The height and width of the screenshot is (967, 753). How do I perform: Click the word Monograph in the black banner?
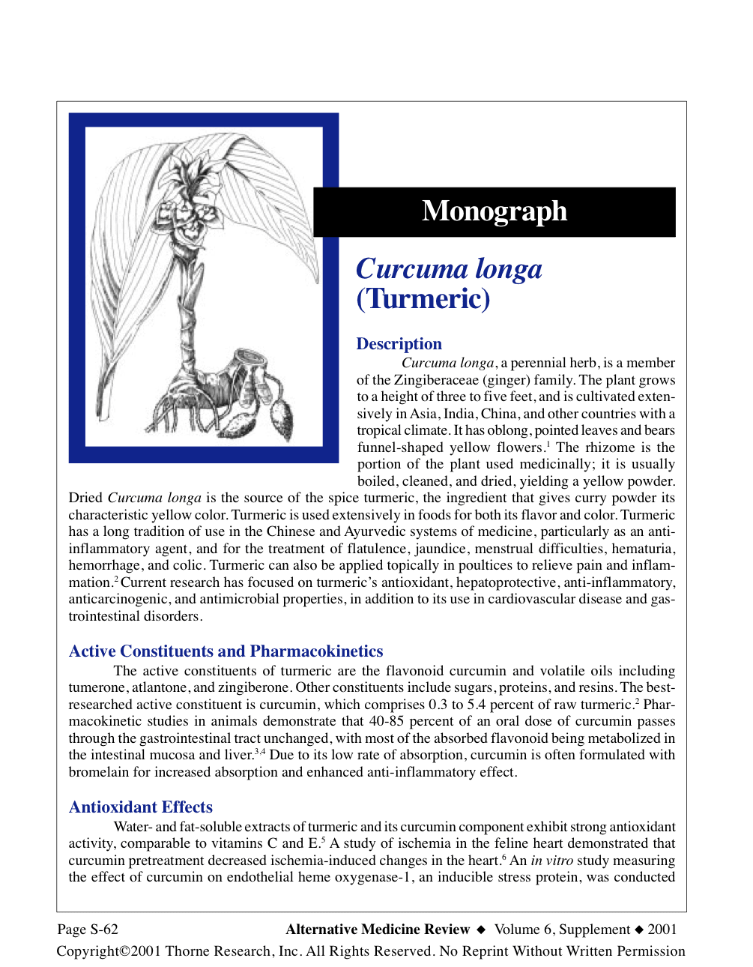494,211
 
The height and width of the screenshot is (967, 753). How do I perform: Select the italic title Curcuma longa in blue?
449,269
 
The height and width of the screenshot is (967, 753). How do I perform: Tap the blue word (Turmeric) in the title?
423,298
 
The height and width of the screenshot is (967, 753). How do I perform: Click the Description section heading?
399,344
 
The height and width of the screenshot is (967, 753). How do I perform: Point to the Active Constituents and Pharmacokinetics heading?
226,651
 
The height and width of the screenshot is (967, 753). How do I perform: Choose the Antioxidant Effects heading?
141,807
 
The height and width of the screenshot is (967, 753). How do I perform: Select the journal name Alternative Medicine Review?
378,930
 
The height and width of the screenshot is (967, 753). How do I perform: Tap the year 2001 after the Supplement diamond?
662,930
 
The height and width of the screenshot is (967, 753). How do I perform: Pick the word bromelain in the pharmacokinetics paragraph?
100,772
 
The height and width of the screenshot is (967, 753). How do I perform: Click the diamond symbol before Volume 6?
481,930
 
